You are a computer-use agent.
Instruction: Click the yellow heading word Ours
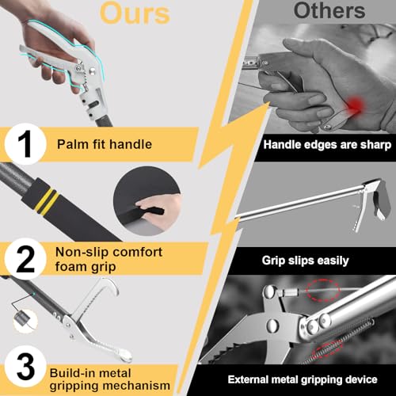135,13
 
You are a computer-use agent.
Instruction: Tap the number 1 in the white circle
25,144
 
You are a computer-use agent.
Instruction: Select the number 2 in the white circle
25,259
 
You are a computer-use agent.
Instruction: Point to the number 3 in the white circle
25,367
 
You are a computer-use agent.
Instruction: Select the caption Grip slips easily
305,261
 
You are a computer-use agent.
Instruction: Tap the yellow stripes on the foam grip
47,202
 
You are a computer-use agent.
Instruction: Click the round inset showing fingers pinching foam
147,201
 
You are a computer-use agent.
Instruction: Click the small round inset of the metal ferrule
25,321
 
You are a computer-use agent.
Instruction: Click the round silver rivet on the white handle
93,70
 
